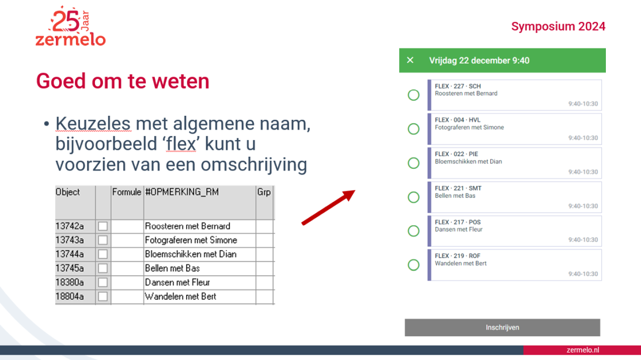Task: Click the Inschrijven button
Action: [502, 327]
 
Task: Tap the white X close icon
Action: [410, 60]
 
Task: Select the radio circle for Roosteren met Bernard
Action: [414, 95]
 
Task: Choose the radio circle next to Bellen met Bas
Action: [414, 198]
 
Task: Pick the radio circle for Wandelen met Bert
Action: [414, 265]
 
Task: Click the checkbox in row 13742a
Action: [103, 226]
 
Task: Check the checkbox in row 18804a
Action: [103, 297]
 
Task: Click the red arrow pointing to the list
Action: [329, 207]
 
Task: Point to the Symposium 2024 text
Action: [558, 26]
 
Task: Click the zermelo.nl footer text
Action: [582, 350]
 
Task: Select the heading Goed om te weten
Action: [123, 81]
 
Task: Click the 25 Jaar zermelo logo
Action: [70, 26]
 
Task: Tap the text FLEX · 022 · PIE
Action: [456, 154]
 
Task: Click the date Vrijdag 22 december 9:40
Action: [479, 60]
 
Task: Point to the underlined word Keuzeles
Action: [93, 123]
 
